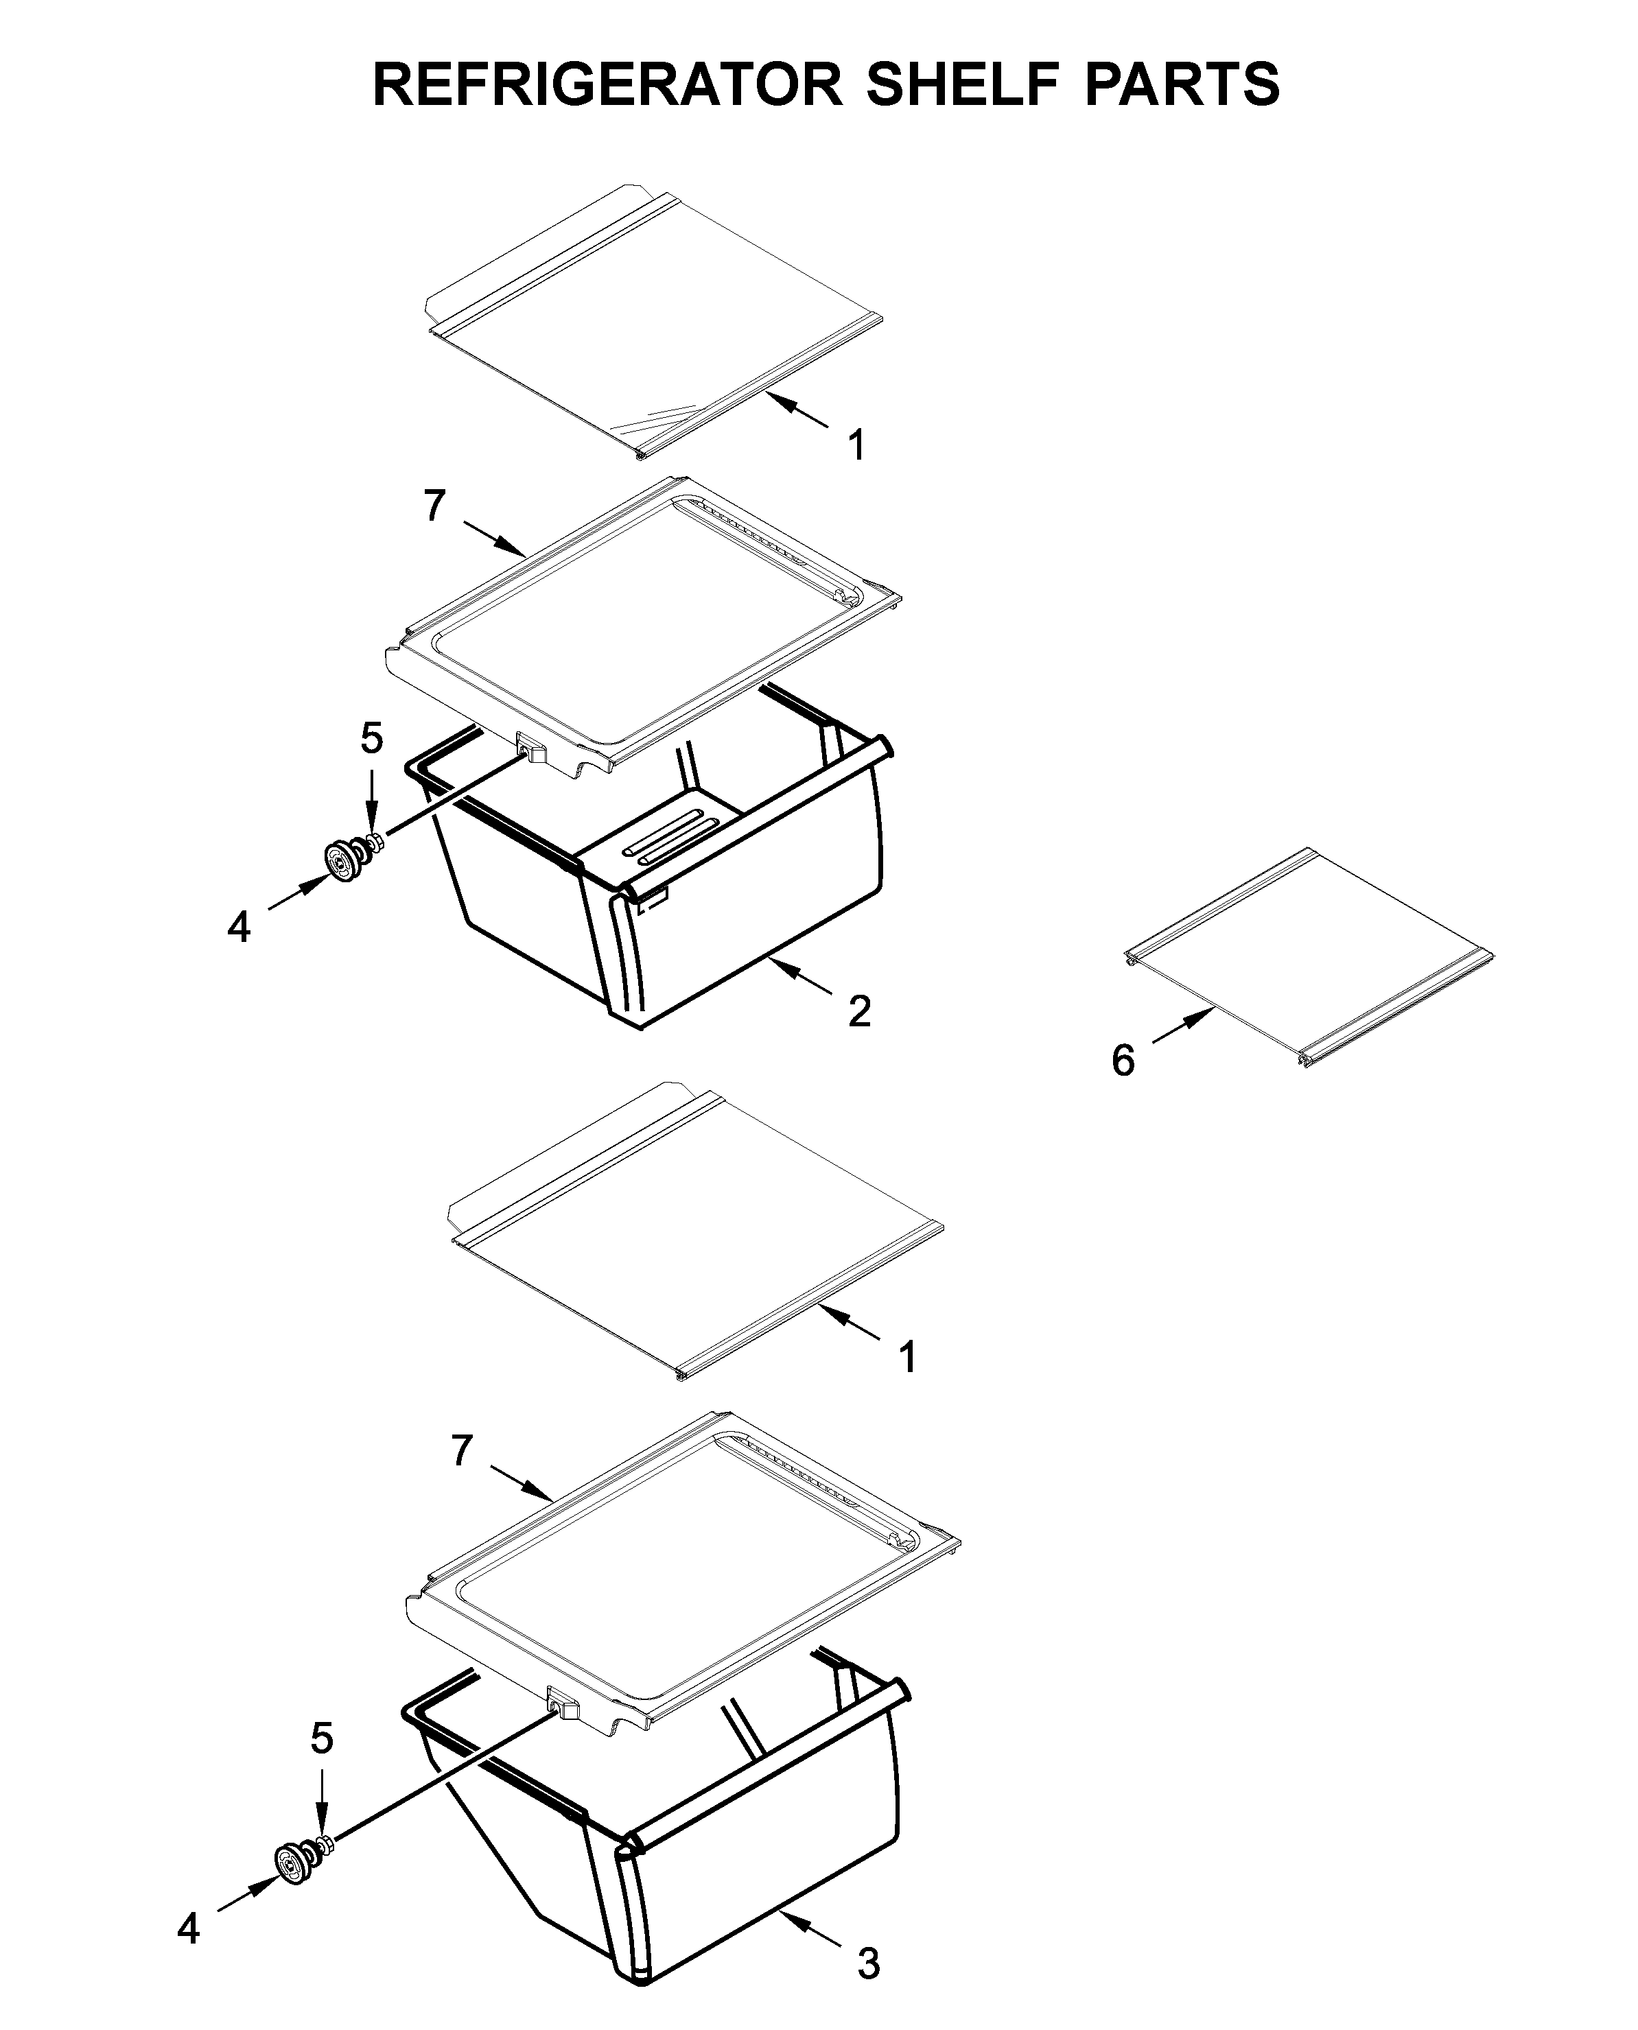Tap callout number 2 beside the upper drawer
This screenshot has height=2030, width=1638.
tap(858, 1012)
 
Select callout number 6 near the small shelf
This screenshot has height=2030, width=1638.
tap(1123, 1061)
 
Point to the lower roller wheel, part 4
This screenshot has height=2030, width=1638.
tap(290, 1885)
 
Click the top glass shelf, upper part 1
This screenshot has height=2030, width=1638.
tap(651, 321)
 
